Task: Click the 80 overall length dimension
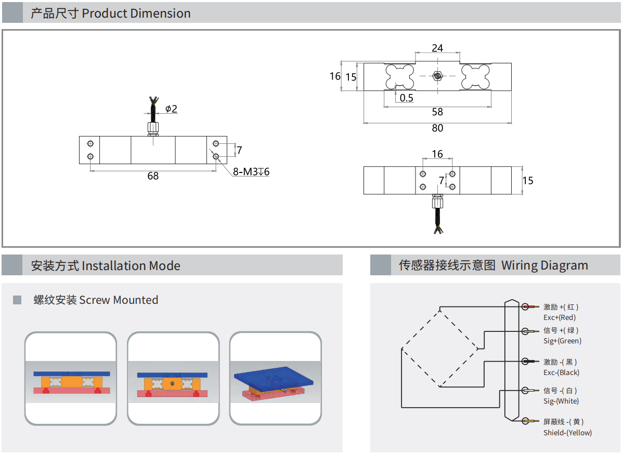[437, 128]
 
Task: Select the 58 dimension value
[437, 112]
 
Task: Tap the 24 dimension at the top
[437, 48]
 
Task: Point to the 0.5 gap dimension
[407, 98]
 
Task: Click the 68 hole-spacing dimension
[153, 176]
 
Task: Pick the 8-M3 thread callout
[251, 172]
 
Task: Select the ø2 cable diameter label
[171, 109]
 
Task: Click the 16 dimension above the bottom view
[437, 154]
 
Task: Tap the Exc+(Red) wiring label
[560, 317]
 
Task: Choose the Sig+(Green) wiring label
[562, 341]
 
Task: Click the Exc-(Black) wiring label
[561, 372]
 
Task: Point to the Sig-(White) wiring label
[561, 401]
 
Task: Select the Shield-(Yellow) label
[567, 433]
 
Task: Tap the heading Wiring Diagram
[544, 265]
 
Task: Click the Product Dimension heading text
[136, 14]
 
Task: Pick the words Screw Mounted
[119, 300]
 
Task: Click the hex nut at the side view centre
[437, 76]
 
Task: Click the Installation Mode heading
[131, 266]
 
